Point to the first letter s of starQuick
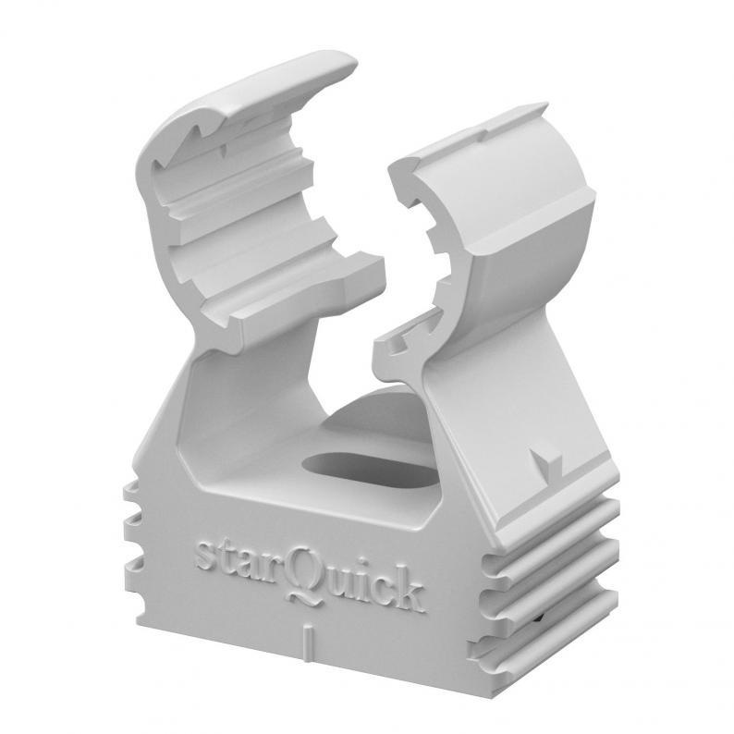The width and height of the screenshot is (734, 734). click(x=204, y=555)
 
